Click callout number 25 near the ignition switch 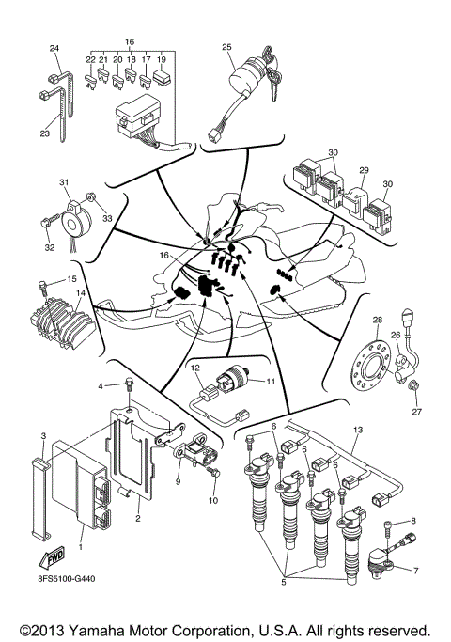pos(226,46)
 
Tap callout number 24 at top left pos(54,48)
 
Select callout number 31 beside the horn pos(64,182)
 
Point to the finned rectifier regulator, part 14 pos(58,319)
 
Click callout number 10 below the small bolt pos(212,500)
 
